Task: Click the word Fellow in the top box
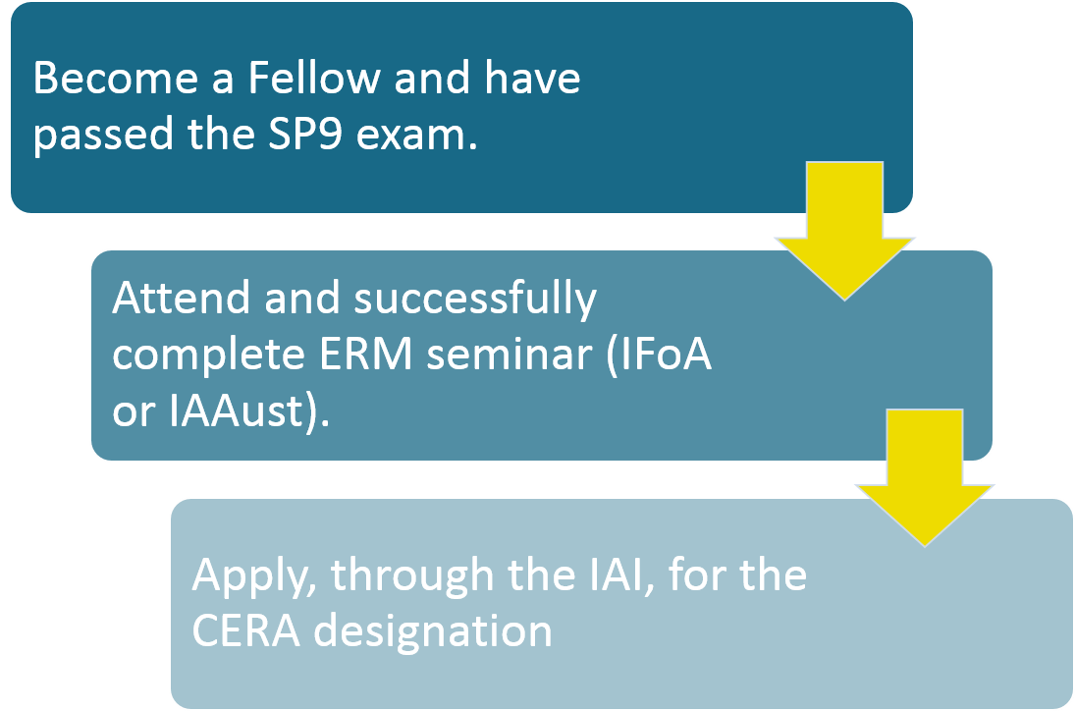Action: [x=314, y=77]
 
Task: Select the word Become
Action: [x=116, y=77]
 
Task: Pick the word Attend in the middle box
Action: [x=181, y=298]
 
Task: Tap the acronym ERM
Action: [x=365, y=355]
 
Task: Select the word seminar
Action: [x=509, y=355]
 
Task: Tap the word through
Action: [x=412, y=575]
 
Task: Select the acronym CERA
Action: [x=245, y=630]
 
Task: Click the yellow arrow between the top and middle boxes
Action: [x=844, y=231]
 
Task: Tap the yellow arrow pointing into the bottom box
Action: [x=925, y=478]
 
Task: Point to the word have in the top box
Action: [x=532, y=77]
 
